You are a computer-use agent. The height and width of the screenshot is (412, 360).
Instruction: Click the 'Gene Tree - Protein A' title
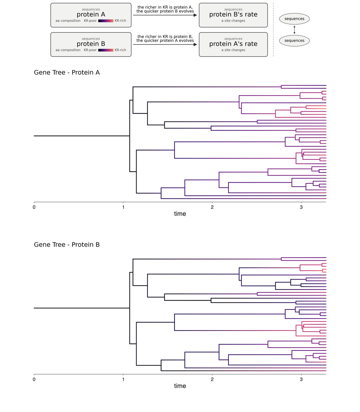click(67, 73)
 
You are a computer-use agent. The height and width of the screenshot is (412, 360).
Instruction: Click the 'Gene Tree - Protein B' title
click(67, 245)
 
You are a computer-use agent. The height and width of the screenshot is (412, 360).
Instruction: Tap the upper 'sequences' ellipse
click(294, 19)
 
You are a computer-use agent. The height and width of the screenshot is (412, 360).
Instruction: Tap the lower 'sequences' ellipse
click(294, 41)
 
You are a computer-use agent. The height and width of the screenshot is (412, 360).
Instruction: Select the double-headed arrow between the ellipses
click(294, 30)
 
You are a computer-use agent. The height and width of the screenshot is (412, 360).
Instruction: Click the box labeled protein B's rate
click(233, 15)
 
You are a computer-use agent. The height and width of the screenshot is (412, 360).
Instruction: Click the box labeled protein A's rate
click(233, 44)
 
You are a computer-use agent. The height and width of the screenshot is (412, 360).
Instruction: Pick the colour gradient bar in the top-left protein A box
click(106, 21)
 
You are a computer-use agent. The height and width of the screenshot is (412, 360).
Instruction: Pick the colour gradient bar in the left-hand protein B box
click(106, 50)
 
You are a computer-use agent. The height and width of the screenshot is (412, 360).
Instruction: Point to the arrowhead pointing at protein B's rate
click(195, 15)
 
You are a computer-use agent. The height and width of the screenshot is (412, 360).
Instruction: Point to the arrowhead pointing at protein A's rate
click(195, 44)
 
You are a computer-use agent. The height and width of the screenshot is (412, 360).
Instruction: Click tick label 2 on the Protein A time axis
click(212, 207)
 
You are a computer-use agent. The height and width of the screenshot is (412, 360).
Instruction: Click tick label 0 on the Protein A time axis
click(34, 207)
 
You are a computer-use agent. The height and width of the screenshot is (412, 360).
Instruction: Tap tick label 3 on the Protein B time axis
click(301, 379)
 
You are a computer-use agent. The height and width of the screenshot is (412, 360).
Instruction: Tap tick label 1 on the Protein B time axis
click(123, 379)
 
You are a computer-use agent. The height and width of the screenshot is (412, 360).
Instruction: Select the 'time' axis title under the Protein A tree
click(180, 214)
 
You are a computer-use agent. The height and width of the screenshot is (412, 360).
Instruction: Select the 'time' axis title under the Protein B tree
click(180, 386)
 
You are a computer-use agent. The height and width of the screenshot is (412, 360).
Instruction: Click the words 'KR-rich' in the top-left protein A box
click(120, 20)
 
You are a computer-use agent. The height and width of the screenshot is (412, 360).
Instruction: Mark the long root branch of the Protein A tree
click(82, 136)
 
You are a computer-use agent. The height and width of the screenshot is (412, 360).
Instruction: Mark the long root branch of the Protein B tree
click(82, 308)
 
